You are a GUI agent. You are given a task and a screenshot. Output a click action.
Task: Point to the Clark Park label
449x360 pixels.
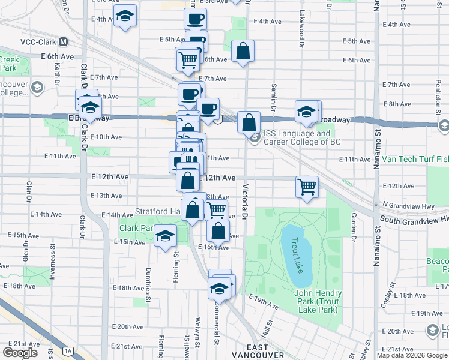click(x=136, y=229)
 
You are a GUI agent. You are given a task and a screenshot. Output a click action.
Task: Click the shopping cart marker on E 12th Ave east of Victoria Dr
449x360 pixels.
click(x=307, y=186)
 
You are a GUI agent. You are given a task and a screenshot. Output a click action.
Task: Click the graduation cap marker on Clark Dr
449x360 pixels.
click(x=90, y=107)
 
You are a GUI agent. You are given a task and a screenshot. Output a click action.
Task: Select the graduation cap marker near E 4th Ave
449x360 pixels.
click(x=125, y=16)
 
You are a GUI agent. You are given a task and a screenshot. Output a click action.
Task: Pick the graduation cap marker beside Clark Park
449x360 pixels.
click(x=165, y=235)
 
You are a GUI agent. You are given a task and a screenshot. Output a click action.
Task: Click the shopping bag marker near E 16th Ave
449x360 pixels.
click(x=218, y=230)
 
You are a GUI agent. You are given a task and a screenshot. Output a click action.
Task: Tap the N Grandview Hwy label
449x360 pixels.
click(x=409, y=205)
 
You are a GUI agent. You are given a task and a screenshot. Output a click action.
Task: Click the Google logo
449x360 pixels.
click(x=19, y=353)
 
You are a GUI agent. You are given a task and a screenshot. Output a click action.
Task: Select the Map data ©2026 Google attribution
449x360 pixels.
click(x=412, y=355)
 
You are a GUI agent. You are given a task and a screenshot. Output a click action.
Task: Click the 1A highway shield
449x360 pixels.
click(x=68, y=351)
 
